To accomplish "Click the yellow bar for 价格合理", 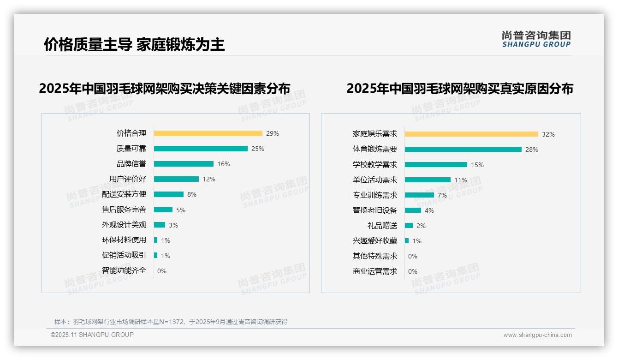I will point(208,133).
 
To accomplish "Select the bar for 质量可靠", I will point(201,149).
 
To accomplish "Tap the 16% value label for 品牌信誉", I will point(224,164).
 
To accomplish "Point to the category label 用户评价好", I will point(128,179).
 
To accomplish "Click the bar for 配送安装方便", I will point(169,194).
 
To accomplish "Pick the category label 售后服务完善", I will point(124,210).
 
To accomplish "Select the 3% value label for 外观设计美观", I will point(173,225).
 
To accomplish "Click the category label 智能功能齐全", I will point(124,270).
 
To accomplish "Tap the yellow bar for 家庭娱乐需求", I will point(471,134).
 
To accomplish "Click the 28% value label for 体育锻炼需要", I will point(531,150).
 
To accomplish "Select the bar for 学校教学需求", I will point(436,165).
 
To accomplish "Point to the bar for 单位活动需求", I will point(428,180).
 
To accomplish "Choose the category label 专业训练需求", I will point(375,195).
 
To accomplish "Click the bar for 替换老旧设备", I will point(413,210).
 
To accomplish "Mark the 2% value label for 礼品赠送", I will point(421,226).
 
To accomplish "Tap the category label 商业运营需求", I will point(375,271).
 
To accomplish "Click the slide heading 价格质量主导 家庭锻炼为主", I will point(134,45).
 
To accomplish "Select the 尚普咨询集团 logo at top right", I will point(536,39).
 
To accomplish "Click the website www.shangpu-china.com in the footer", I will point(537,335).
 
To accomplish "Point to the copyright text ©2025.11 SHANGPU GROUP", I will point(92,335).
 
